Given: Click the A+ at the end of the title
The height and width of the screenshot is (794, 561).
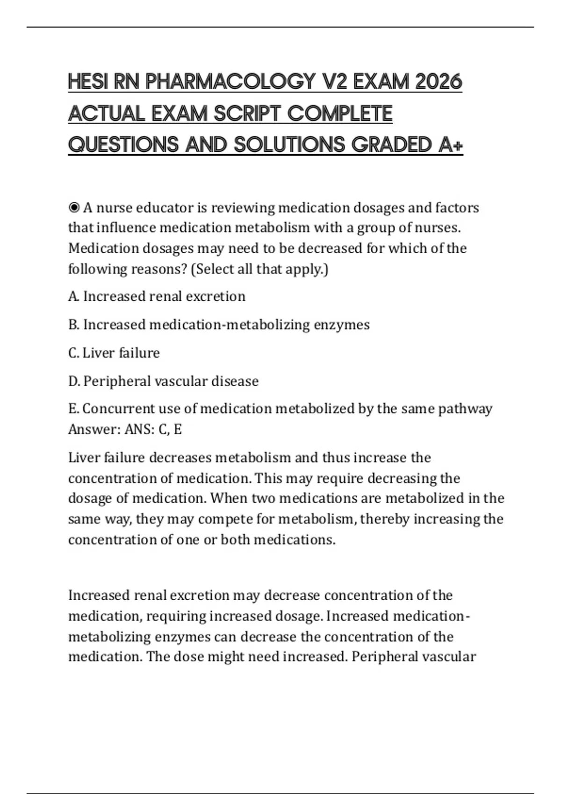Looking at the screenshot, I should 451,145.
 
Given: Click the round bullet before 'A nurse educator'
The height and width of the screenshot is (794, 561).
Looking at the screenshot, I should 74,207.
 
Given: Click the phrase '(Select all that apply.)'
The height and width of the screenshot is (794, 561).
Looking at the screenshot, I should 259,269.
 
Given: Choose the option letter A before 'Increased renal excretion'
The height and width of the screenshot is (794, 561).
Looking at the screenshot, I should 72,297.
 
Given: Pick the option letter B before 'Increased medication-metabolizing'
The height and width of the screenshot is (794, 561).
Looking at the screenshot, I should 72,325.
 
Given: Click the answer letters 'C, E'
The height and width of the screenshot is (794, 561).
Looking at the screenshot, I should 170,429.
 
